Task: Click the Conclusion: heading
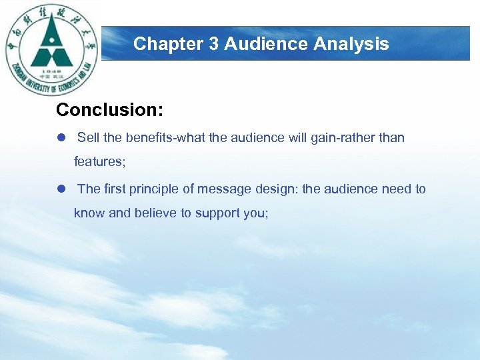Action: [110, 109]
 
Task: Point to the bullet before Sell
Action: [61, 138]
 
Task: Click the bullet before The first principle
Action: [61, 189]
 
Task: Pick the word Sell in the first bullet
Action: [89, 138]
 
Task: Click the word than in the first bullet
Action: [392, 138]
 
